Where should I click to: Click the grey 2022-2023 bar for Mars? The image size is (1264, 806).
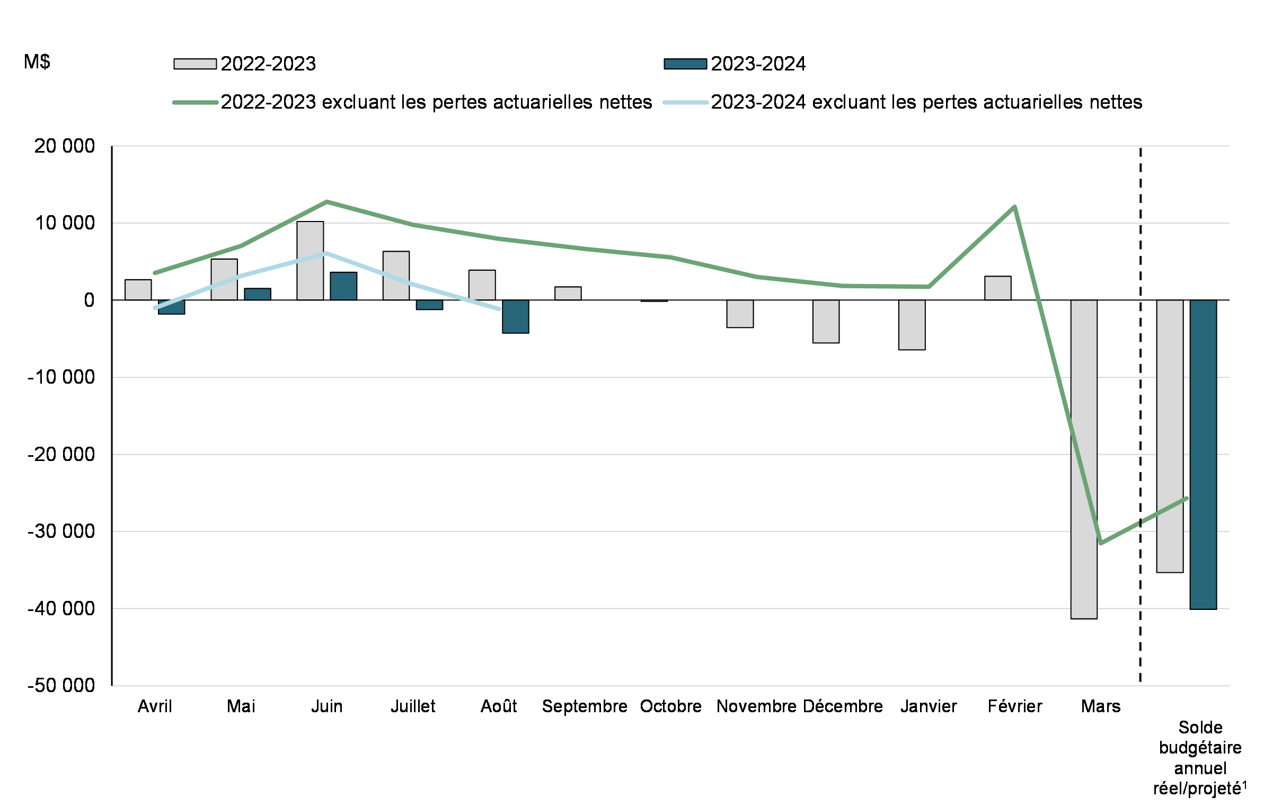[x=1084, y=459]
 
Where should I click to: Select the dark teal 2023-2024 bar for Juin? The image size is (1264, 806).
[x=343, y=287]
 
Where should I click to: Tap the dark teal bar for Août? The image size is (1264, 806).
[x=515, y=317]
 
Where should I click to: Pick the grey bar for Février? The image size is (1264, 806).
[x=998, y=288]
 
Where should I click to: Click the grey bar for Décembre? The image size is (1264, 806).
[x=826, y=322]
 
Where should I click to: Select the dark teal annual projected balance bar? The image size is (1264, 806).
[x=1203, y=455]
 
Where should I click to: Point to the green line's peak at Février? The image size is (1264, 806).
[x=1014, y=207]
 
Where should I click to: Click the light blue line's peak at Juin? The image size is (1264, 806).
[x=326, y=253]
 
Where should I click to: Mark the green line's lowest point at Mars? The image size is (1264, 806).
[x=1101, y=543]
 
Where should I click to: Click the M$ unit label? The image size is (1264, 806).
[x=37, y=62]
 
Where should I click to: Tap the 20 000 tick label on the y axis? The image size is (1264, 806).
[x=64, y=146]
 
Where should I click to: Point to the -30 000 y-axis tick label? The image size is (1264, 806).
[x=61, y=532]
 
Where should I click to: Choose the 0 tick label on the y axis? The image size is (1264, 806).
[x=89, y=300]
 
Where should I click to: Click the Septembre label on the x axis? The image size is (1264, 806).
[x=585, y=706]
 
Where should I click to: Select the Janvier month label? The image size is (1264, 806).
[x=929, y=706]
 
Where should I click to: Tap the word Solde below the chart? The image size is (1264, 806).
[x=1200, y=727]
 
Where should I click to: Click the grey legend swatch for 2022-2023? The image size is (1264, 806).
[x=195, y=64]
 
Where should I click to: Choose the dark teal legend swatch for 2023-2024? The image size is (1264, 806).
[x=685, y=64]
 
